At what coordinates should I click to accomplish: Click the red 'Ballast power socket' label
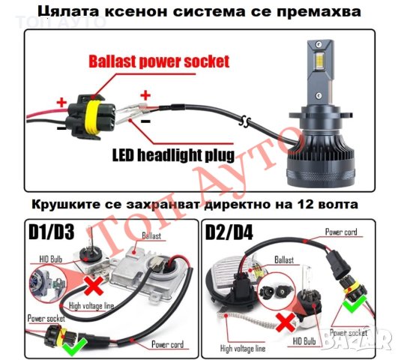coord(159,61)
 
